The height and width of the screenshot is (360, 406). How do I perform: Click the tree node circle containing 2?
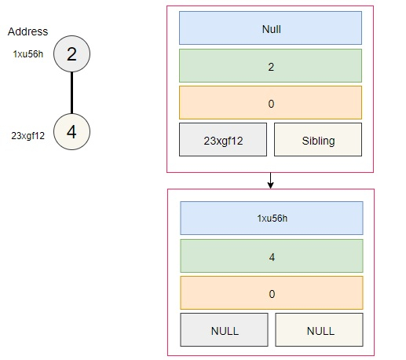click(71, 54)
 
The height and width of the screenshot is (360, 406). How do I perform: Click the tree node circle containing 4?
click(71, 131)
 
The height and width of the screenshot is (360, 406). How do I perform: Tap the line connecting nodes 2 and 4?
click(71, 93)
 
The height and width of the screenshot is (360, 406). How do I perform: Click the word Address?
click(27, 31)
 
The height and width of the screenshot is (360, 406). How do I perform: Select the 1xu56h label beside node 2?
click(28, 54)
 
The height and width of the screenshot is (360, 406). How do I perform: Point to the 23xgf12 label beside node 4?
click(27, 136)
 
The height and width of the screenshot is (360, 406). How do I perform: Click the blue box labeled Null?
click(270, 28)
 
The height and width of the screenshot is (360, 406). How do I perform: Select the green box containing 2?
click(270, 66)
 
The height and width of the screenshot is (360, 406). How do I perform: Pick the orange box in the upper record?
click(270, 103)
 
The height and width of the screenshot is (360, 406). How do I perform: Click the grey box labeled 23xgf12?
click(223, 140)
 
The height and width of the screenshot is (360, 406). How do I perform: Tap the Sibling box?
click(318, 140)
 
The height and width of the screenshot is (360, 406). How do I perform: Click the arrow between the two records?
click(270, 181)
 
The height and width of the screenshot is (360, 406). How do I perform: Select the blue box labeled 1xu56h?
click(272, 219)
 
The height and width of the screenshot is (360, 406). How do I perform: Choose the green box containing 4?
click(272, 256)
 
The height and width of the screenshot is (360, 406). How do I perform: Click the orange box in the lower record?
click(272, 293)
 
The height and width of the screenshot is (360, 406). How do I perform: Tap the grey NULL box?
click(224, 330)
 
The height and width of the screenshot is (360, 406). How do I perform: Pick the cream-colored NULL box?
click(319, 330)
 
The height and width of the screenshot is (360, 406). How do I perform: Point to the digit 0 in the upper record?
click(271, 104)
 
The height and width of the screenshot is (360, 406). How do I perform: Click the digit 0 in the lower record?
click(272, 294)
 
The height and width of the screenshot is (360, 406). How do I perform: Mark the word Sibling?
click(318, 141)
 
